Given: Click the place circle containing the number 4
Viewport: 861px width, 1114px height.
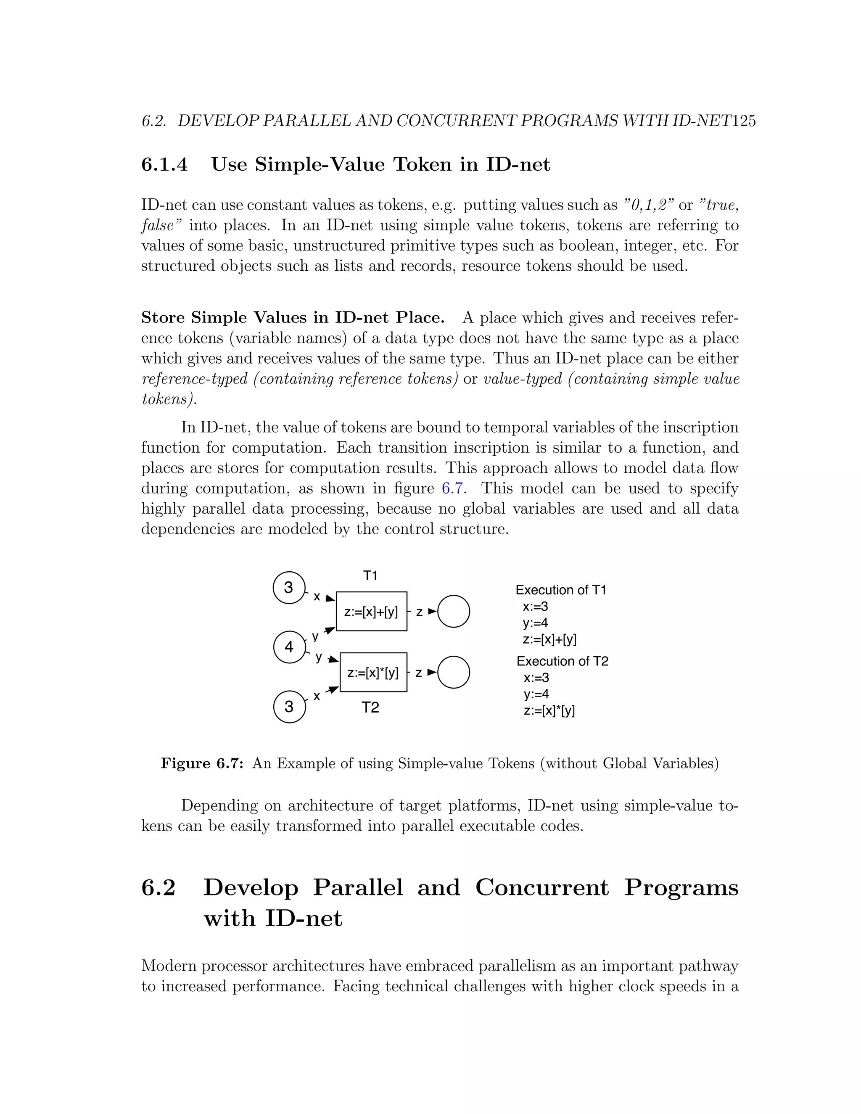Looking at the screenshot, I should (289, 647).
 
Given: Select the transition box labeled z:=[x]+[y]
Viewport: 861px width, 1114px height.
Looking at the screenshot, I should (371, 612).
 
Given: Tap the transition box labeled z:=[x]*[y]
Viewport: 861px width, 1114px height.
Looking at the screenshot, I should (373, 672).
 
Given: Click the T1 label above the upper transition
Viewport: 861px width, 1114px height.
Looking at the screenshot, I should (370, 575).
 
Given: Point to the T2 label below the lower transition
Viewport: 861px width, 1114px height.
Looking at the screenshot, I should (370, 707).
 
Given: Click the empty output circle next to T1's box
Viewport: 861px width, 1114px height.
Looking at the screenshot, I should (454, 611).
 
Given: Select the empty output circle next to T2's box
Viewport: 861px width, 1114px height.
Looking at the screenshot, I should (454, 672).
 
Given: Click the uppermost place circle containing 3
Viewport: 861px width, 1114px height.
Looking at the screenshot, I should (289, 588).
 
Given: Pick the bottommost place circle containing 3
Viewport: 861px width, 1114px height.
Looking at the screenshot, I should (289, 707).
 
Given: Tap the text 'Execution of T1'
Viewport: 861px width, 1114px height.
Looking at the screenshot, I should (560, 590).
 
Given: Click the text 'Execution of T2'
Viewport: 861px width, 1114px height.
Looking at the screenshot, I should (562, 661).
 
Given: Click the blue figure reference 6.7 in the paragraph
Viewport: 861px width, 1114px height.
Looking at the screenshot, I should (452, 488).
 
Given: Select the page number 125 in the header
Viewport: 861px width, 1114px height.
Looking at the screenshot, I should (744, 121).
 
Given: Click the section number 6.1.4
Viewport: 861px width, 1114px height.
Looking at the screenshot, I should (164, 164).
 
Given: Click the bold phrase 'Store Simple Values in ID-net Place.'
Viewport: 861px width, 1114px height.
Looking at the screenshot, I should (293, 317).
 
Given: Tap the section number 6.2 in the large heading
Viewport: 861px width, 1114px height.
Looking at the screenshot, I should (158, 887).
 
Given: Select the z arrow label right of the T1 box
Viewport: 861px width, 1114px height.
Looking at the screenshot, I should (419, 612).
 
